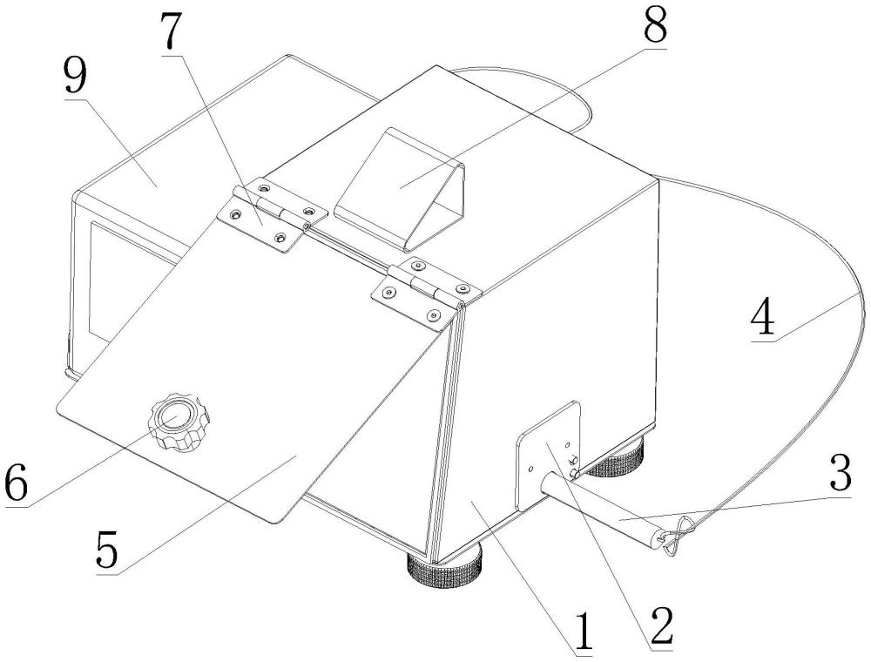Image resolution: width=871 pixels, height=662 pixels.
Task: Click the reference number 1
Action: click(x=583, y=632)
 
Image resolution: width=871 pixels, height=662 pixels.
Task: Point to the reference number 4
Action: click(x=762, y=317)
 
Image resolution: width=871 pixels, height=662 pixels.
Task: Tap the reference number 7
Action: click(x=171, y=30)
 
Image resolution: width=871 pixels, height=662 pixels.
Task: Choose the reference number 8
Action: click(x=654, y=24)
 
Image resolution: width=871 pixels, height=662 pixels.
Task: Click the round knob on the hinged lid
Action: click(x=179, y=421)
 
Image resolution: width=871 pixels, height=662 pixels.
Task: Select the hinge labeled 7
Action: click(x=271, y=213)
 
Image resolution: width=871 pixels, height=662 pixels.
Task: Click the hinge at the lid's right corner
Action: click(x=426, y=289)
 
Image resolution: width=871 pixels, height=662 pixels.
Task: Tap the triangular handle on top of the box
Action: click(x=401, y=189)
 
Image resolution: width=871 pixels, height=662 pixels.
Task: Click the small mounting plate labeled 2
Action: click(x=548, y=456)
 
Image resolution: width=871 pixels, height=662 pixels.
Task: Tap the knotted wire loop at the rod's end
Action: click(x=679, y=536)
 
